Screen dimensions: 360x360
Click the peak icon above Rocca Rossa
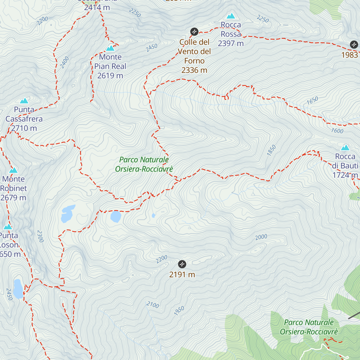pyautogui.click(x=231, y=16)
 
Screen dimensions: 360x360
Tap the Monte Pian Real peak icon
pyautogui.click(x=110, y=48)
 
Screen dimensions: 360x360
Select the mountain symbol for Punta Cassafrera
pyautogui.click(x=24, y=101)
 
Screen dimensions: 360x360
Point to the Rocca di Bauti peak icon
pyautogui.click(x=345, y=148)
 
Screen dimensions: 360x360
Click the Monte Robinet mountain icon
pyautogui.click(x=13, y=170)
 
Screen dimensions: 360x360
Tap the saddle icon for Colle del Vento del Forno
pyautogui.click(x=194, y=31)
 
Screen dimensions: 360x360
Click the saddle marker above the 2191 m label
pyautogui.click(x=182, y=264)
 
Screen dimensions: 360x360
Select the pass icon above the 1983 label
pyautogui.click(x=354, y=45)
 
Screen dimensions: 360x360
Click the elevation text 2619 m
pyautogui.click(x=110, y=76)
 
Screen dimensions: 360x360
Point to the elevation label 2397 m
pyautogui.click(x=231, y=43)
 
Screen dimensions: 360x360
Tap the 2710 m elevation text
pyautogui.click(x=24, y=128)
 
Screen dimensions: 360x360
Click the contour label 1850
pyautogui.click(x=271, y=150)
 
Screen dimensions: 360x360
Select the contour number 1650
pyautogui.click(x=312, y=100)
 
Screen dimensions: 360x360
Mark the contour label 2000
pyautogui.click(x=261, y=237)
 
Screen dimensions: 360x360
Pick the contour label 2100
pyautogui.click(x=153, y=305)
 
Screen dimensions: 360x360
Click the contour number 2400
pyautogui.click(x=64, y=62)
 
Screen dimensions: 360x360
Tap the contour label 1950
pyautogui.click(x=179, y=311)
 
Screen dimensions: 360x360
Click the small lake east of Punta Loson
pyautogui.click(x=18, y=289)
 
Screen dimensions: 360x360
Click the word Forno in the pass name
pyautogui.click(x=194, y=61)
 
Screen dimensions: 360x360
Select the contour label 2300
pyautogui.click(x=40, y=236)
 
